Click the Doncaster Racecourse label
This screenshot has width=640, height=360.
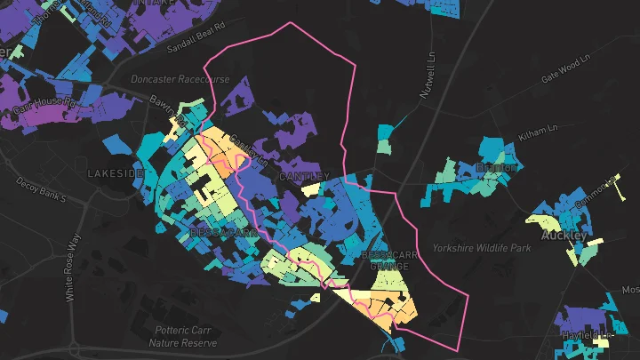pyautogui.click(x=180, y=78)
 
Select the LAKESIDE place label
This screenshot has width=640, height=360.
pyautogui.click(x=115, y=173)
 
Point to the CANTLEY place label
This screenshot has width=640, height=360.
pyautogui.click(x=304, y=177)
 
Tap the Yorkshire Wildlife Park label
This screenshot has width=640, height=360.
pyautogui.click(x=482, y=248)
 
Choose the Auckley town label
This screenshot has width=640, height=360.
pyautogui.click(x=564, y=236)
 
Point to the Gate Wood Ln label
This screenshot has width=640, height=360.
pyautogui.click(x=565, y=70)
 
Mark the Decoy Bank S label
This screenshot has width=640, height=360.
pyautogui.click(x=41, y=189)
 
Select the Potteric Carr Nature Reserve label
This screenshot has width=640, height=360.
pyautogui.click(x=180, y=336)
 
